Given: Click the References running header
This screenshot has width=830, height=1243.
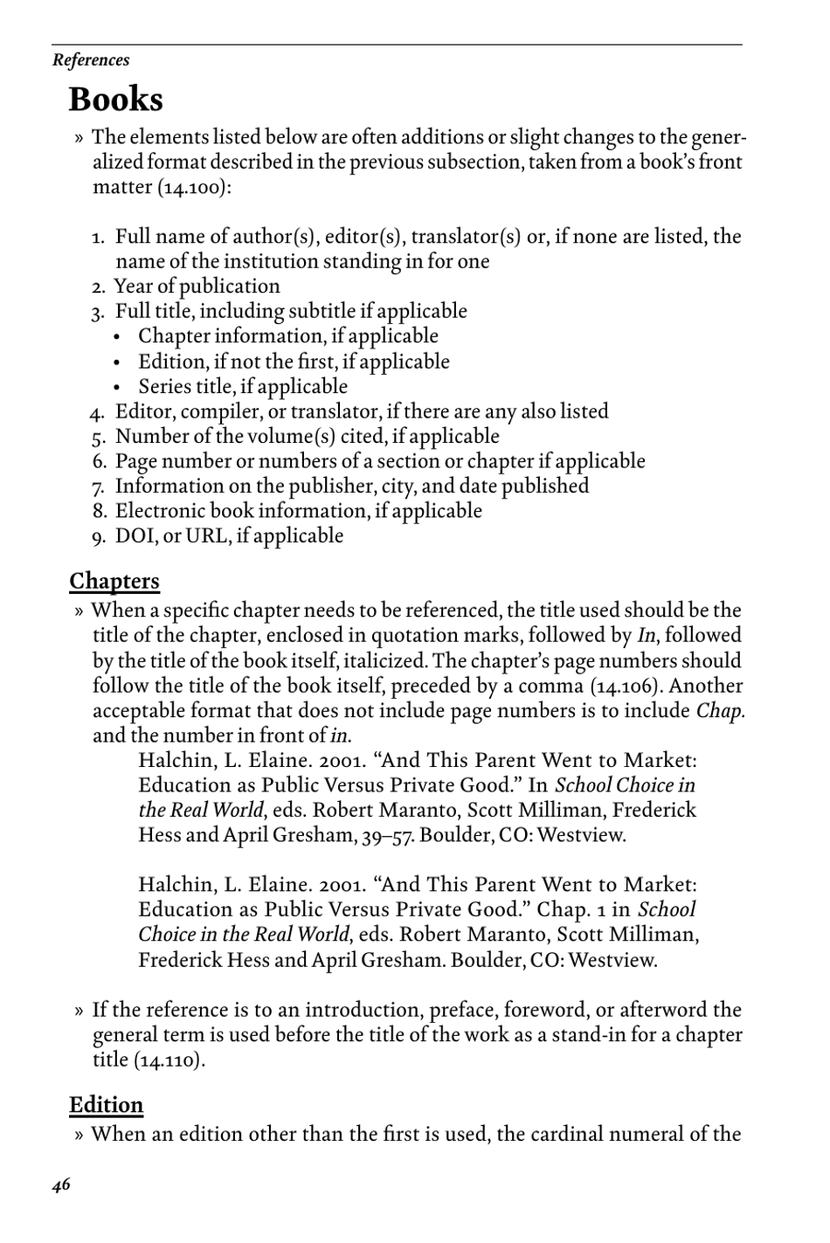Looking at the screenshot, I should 91,60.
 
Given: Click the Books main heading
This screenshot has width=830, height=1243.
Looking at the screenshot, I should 115,100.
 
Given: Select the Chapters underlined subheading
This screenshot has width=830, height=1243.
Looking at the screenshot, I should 114,582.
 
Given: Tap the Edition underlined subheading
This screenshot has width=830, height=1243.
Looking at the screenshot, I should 106,1105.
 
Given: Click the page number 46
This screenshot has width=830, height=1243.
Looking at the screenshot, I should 61,1185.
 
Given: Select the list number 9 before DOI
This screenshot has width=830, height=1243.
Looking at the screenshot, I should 99,537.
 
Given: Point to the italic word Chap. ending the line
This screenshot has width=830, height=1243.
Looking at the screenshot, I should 720,711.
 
